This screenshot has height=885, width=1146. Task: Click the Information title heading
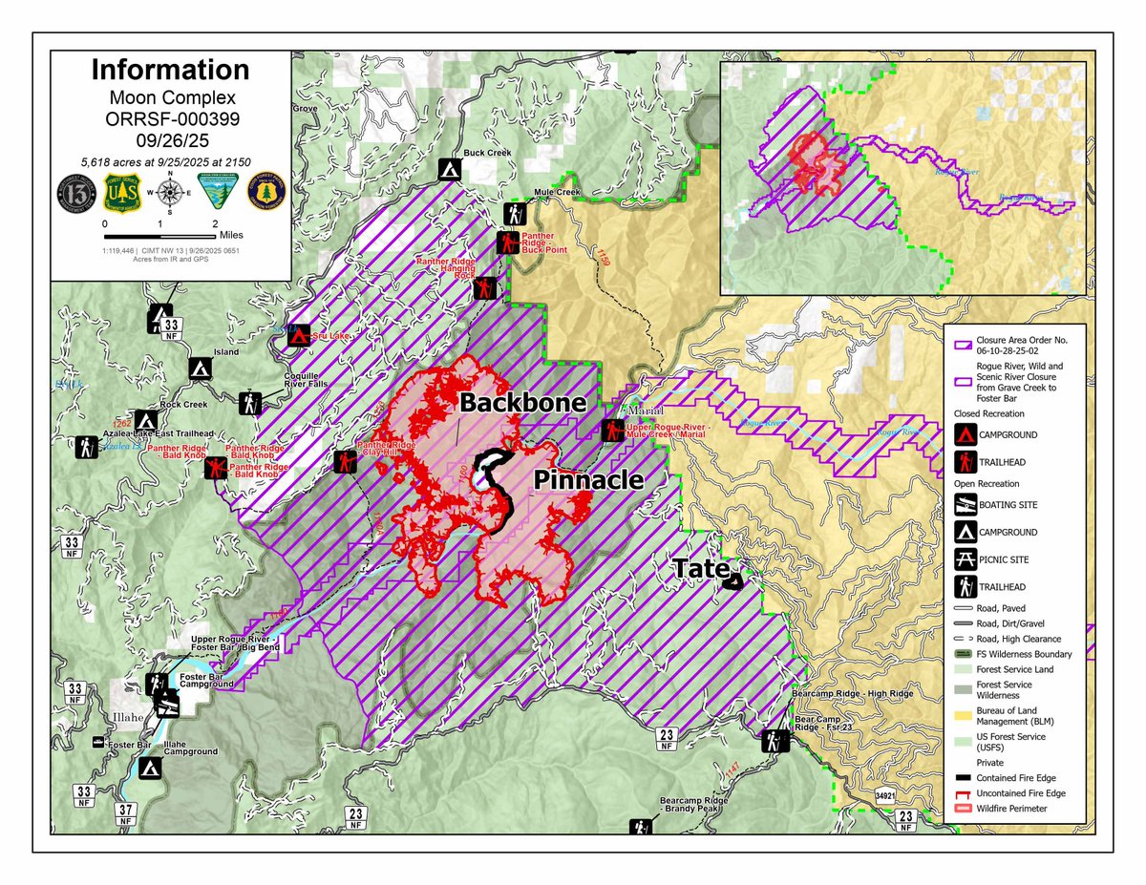(x=170, y=70)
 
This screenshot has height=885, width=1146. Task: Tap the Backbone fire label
(x=521, y=403)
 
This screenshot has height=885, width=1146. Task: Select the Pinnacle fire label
(x=587, y=480)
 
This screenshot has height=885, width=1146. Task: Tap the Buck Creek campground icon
(x=451, y=169)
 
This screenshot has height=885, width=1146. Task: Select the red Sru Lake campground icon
(x=299, y=336)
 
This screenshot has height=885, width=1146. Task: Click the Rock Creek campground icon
(x=145, y=420)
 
